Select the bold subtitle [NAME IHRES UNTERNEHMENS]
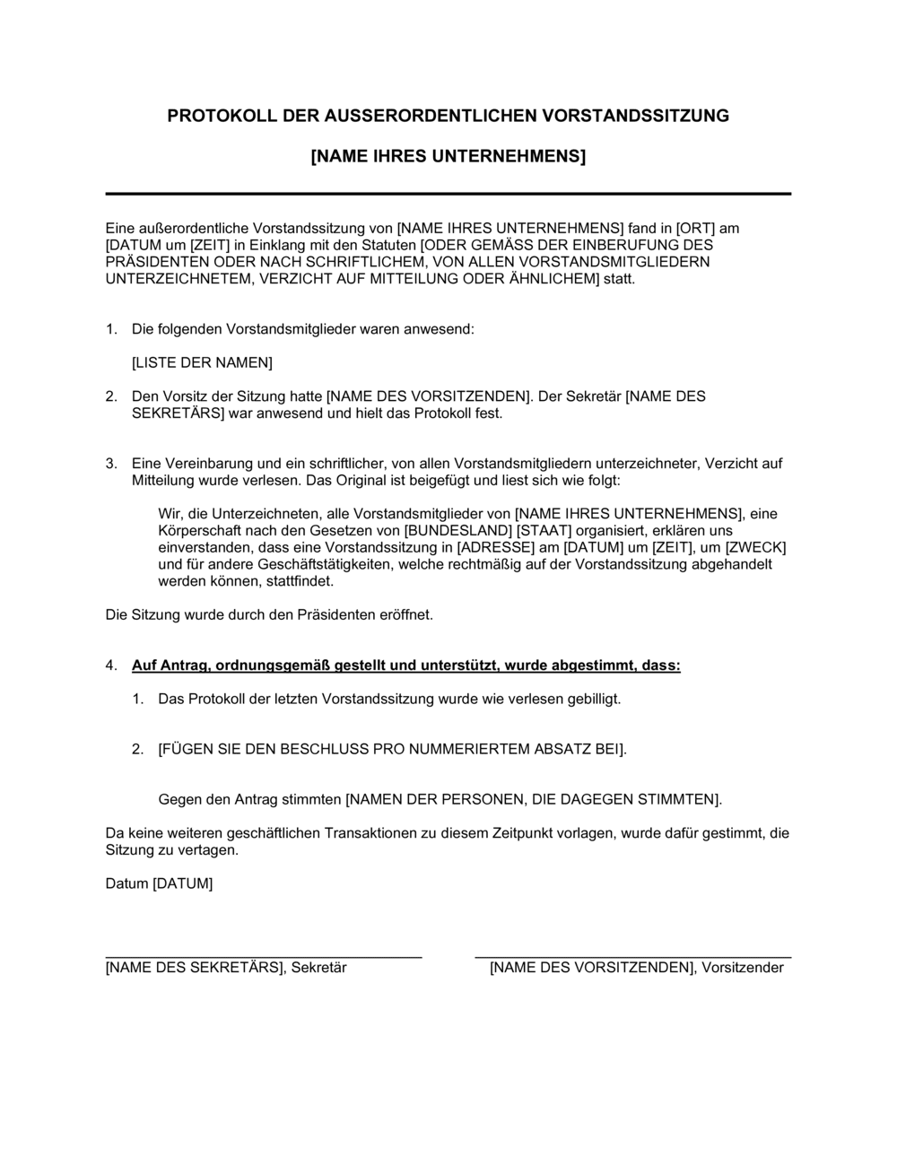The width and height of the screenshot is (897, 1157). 448,157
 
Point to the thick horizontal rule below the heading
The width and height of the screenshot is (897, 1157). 448,194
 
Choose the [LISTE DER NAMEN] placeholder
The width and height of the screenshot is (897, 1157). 202,362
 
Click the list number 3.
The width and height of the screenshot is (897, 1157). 111,464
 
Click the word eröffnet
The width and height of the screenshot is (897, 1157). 406,615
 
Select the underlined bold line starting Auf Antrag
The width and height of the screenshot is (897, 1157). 405,665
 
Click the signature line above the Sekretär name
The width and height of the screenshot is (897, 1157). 264,959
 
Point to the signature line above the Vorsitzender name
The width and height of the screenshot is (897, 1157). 632,959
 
